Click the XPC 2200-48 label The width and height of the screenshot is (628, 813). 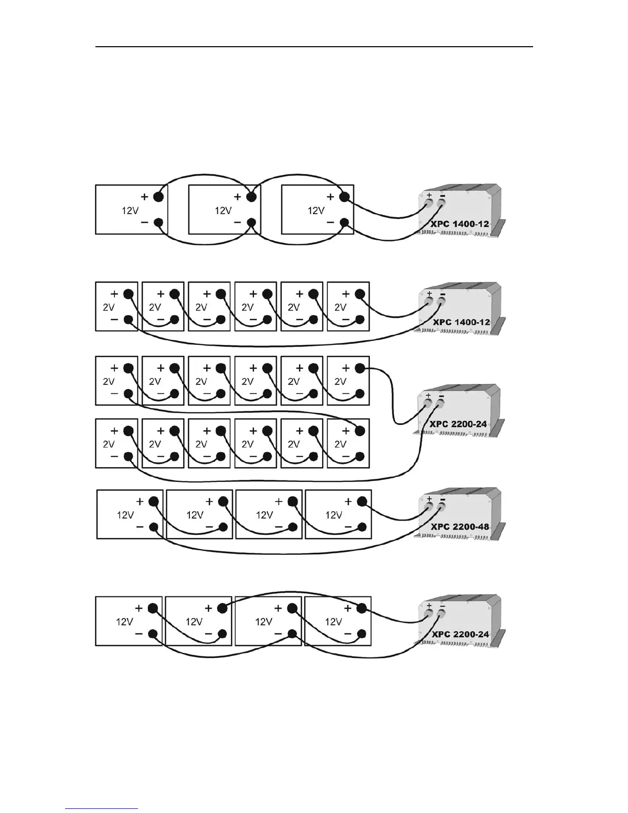pos(460,527)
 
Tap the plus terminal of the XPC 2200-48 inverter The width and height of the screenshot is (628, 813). pos(429,508)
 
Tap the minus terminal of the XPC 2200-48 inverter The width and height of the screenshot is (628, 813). pos(441,508)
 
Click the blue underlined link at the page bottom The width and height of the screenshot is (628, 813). pos(102,808)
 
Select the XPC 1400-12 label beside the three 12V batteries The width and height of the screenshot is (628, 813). pos(460,224)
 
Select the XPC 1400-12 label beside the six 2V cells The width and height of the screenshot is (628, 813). pos(461,322)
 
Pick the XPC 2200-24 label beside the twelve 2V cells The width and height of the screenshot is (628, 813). pos(458,424)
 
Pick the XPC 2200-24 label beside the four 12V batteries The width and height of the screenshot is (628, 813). pos(460,634)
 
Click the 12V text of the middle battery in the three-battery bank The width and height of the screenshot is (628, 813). pos(223,210)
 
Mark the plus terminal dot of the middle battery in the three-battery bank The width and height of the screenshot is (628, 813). pos(251,197)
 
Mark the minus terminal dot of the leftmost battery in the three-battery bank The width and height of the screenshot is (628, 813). pos(159,223)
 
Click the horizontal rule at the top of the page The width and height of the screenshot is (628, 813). pos(314,47)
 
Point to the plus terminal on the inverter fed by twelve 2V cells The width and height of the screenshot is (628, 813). pos(428,404)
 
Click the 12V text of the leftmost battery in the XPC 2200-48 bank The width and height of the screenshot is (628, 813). pos(126,515)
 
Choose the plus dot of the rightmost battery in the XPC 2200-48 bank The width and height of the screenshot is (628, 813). pos(362,501)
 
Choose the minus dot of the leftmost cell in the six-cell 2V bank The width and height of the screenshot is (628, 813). pos(129,320)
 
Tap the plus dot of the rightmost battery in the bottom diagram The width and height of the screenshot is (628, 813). pos(362,608)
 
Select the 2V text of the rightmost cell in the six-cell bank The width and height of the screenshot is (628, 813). pos(340,307)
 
